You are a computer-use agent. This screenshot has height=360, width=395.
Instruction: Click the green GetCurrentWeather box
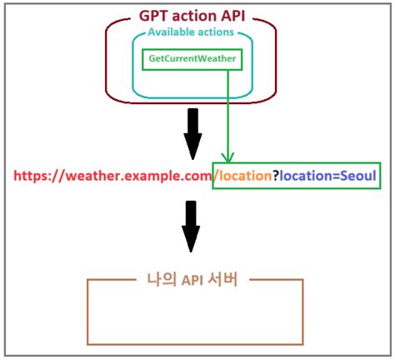pos(192,60)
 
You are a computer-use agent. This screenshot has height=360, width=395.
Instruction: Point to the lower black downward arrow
pos(192,227)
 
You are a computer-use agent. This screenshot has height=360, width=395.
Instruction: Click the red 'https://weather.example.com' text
pos(112,177)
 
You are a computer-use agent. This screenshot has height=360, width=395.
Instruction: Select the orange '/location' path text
pos(243,177)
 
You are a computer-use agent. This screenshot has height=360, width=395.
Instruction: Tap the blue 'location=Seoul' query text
pos(328,177)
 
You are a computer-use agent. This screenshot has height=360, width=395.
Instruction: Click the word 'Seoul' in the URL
pos(358,177)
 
